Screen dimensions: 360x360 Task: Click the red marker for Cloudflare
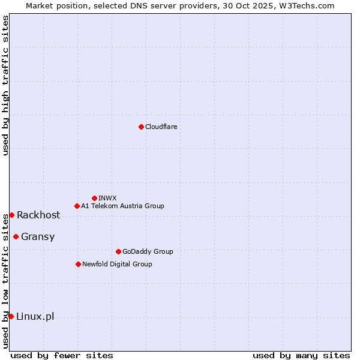141,127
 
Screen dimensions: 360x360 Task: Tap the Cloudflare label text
161,127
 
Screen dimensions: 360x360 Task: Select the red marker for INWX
94,198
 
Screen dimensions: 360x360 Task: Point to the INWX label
107,198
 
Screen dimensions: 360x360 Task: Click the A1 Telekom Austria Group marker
77,206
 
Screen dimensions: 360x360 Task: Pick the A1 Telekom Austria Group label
122,206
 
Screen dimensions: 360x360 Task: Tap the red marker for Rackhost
11,215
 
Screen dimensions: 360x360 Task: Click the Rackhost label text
38,215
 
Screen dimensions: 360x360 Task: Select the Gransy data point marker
16,236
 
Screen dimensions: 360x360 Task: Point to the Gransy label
38,236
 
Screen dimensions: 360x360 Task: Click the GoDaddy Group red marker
118,251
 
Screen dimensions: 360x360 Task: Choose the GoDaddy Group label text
148,251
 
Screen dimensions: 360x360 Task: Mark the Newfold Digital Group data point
78,264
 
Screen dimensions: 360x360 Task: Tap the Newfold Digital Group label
117,264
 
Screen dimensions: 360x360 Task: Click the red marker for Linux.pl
11,316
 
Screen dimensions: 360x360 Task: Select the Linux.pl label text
35,316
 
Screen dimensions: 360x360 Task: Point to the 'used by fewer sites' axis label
62,355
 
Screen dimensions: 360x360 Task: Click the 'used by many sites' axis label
301,355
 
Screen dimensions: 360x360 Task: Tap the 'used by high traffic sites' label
5,85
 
